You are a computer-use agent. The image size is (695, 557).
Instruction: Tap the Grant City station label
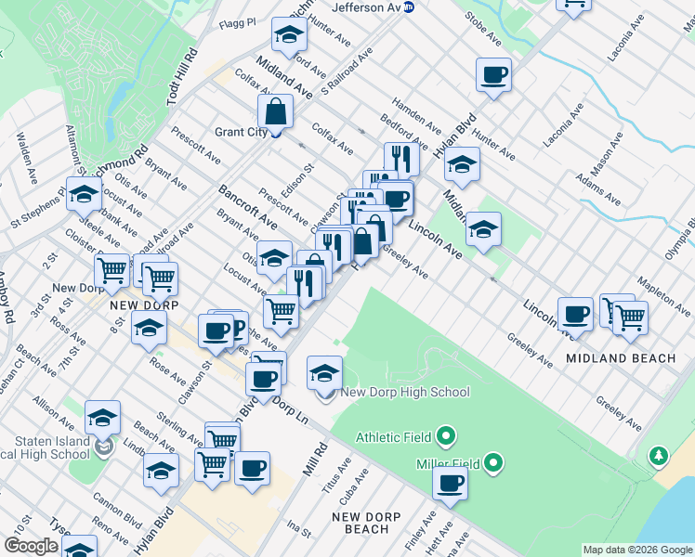pyautogui.click(x=241, y=132)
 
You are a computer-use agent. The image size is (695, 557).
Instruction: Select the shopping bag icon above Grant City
pyautogui.click(x=277, y=113)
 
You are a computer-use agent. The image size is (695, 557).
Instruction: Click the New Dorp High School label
pyautogui.click(x=405, y=392)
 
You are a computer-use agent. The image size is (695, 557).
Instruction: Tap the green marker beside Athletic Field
pyautogui.click(x=446, y=434)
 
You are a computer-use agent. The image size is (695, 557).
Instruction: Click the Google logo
pyautogui.click(x=31, y=546)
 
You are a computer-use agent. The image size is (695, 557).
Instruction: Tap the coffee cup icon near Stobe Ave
pyautogui.click(x=493, y=74)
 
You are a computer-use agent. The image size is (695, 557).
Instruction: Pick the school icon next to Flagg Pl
pyautogui.click(x=289, y=35)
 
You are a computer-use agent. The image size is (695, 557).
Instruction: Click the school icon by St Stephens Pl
pyautogui.click(x=83, y=195)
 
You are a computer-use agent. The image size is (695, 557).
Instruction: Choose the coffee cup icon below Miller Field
pyautogui.click(x=451, y=483)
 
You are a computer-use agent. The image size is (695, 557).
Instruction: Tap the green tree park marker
pyautogui.click(x=659, y=455)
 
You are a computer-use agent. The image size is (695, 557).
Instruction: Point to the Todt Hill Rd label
pyautogui.click(x=182, y=81)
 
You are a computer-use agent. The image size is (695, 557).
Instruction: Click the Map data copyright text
pyautogui.click(x=637, y=550)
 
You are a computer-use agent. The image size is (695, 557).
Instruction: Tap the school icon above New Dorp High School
pyautogui.click(x=324, y=373)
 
